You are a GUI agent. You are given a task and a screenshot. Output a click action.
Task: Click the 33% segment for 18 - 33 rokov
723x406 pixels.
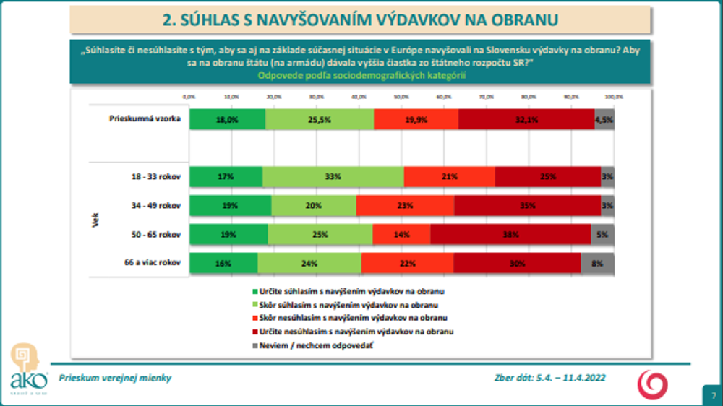click(x=333, y=177)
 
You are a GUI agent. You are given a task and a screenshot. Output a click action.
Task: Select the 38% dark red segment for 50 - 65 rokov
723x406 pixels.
click(x=510, y=235)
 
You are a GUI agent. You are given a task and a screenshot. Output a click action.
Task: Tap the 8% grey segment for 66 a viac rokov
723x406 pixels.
click(x=597, y=264)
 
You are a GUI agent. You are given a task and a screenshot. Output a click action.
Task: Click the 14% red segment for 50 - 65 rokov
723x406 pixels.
click(x=401, y=235)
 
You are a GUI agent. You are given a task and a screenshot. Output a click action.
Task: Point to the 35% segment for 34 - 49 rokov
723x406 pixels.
click(x=528, y=206)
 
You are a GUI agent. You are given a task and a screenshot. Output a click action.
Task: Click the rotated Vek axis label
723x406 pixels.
click(x=95, y=220)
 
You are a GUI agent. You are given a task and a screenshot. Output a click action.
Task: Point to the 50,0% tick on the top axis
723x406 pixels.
click(x=401, y=96)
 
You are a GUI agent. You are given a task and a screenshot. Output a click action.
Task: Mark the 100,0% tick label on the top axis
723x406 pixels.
click(x=614, y=96)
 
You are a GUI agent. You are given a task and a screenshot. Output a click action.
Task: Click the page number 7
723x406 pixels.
click(x=713, y=395)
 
